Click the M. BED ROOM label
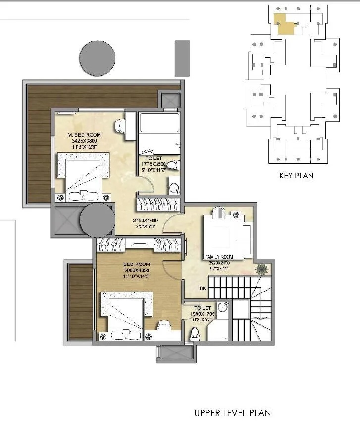[84, 135]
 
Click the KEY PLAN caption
[296, 175]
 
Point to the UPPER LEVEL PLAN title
[233, 413]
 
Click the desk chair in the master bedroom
[120, 126]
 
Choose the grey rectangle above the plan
[182, 58]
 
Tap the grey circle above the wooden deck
[98, 57]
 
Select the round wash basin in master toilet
[175, 188]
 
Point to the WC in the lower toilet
[195, 332]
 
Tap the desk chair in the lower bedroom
[164, 327]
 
